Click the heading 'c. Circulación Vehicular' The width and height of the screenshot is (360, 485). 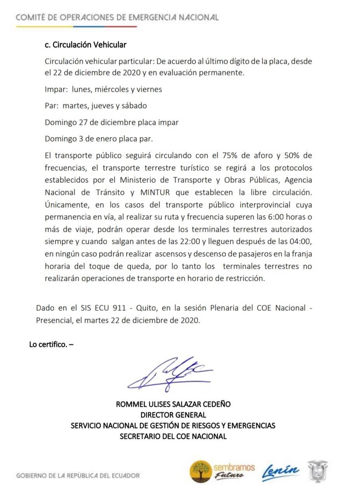(86, 45)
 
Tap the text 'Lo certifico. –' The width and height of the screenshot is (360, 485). (51, 344)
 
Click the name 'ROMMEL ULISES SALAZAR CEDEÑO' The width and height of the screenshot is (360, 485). (173, 404)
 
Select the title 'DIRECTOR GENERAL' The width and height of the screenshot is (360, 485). (173, 415)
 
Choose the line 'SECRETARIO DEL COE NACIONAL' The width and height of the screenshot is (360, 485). (173, 436)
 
